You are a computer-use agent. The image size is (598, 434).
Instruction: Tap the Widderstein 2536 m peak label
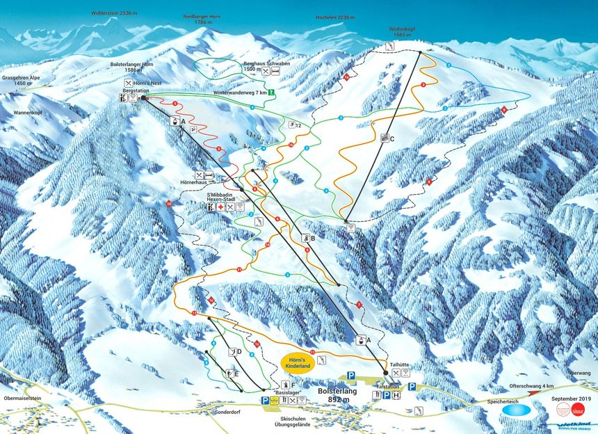click(114, 13)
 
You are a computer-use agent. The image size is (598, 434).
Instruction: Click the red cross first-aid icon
click(220, 207)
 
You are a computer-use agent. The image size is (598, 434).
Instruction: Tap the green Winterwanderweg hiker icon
click(273, 92)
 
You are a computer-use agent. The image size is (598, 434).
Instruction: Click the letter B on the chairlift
click(313, 239)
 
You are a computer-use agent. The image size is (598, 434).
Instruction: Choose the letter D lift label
click(239, 352)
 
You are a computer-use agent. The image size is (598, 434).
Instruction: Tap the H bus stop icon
click(396, 395)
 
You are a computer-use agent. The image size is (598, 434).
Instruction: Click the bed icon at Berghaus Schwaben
click(276, 71)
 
